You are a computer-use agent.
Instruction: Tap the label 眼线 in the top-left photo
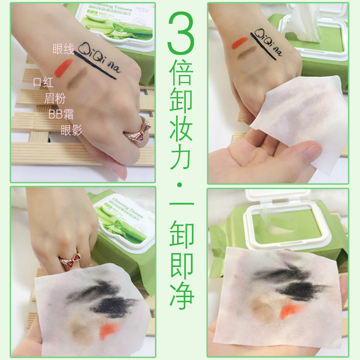coord(63,48)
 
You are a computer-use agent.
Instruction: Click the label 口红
coord(43,82)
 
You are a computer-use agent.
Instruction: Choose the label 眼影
coord(72,130)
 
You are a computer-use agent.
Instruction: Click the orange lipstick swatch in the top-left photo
coord(63,67)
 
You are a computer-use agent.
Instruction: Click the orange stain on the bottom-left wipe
coord(109,330)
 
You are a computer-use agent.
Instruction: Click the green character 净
coord(180,297)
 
